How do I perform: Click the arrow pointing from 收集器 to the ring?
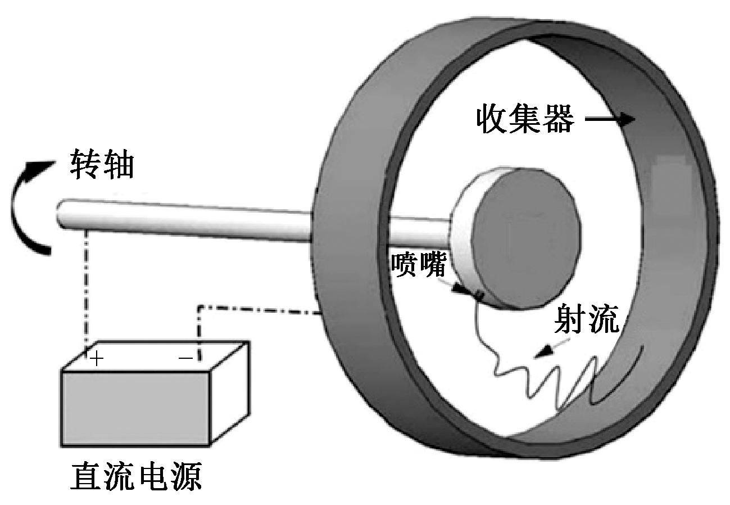[611, 119]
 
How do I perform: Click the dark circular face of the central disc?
[525, 236]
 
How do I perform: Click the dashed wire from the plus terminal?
[86, 287]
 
